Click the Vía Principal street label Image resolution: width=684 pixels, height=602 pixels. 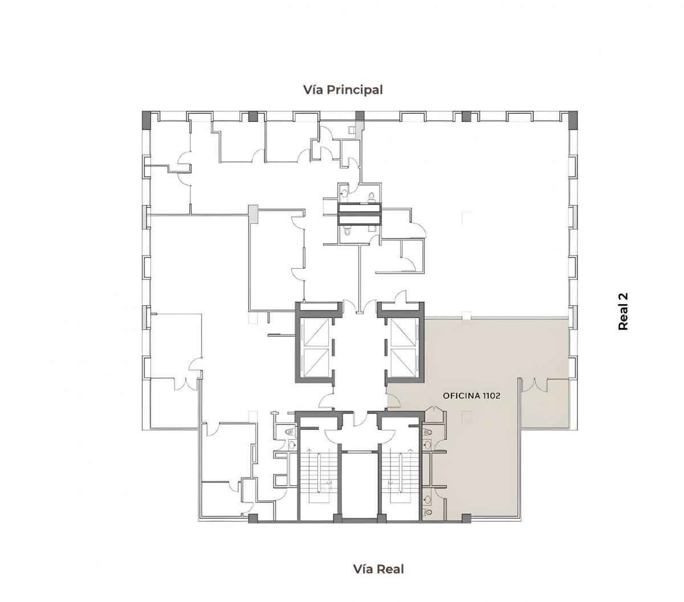point(343,90)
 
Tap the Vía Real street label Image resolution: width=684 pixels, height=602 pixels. point(378,569)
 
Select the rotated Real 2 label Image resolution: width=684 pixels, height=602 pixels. point(622,311)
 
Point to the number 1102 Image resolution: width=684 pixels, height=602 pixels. point(491,396)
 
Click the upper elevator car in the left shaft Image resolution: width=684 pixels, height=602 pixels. point(316,333)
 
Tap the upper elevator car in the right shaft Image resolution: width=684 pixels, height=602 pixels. point(402,333)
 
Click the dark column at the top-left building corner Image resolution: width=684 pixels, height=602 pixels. point(146,120)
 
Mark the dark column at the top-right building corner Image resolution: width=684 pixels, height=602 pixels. point(573,120)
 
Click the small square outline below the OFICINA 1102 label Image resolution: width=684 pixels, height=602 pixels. point(466,417)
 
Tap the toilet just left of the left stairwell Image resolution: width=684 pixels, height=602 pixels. point(290,432)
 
